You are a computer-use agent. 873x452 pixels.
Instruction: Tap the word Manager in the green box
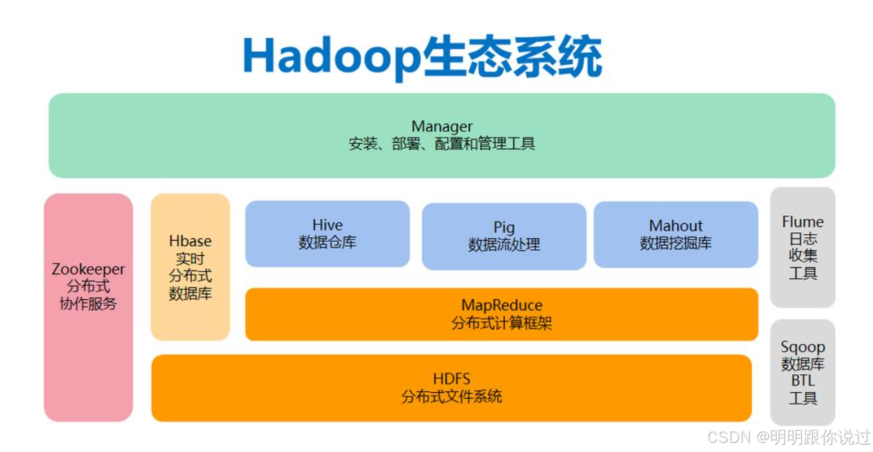tap(442, 126)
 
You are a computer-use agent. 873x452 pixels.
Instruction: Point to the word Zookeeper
tap(88, 269)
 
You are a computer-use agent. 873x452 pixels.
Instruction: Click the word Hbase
tap(190, 241)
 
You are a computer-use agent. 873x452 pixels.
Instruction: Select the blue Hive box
tap(327, 254)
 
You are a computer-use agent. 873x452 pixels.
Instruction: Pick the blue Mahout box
tap(676, 256)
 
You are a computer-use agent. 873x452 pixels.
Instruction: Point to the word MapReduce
tap(501, 305)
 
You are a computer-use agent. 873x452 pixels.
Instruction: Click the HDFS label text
tap(451, 379)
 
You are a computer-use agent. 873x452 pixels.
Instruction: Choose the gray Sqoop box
tap(803, 414)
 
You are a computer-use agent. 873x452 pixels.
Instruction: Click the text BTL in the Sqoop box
tap(803, 381)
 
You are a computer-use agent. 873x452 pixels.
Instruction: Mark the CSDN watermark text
tap(731, 437)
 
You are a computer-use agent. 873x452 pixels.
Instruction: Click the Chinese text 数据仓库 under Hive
tap(327, 243)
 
